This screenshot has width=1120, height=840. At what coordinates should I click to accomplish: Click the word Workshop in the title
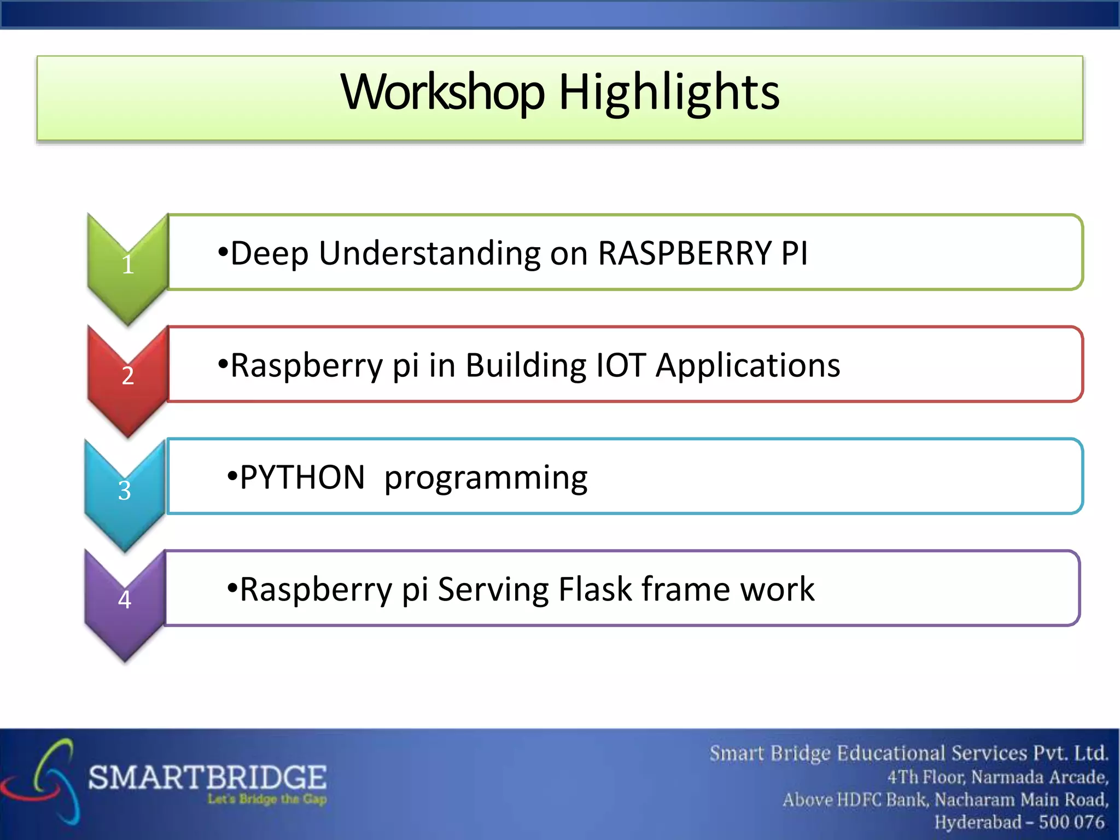pos(442,92)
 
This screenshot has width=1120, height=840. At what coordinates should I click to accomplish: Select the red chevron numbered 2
pos(127,376)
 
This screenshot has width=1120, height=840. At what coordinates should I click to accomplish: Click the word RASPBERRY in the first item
pos(684,253)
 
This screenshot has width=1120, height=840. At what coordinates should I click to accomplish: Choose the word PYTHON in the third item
pos(302,477)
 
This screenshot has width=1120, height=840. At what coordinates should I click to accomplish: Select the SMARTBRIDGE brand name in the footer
pos(208,777)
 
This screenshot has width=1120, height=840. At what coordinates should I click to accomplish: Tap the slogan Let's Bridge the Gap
pos(267,799)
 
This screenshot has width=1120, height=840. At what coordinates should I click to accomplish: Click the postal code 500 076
pos(1071,821)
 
